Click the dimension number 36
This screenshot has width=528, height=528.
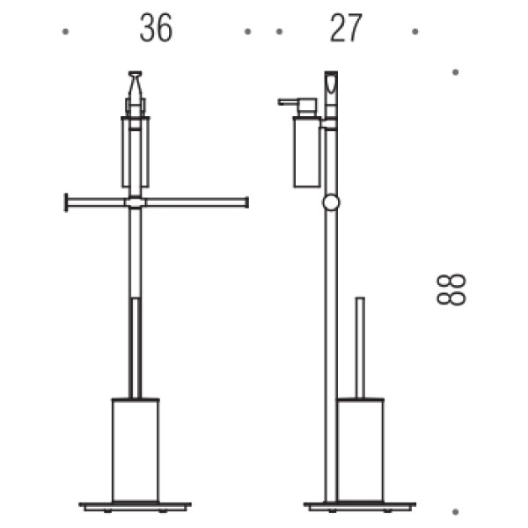(x=156, y=28)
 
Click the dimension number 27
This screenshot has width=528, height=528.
(x=346, y=28)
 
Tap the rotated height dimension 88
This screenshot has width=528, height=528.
(x=451, y=290)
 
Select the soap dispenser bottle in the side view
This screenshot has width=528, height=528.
(x=306, y=151)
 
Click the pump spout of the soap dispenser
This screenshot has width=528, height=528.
(x=288, y=101)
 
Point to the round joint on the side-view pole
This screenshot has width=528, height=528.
(x=331, y=202)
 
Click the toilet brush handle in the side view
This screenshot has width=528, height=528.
(x=360, y=348)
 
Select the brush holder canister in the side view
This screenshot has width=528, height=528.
(x=360, y=450)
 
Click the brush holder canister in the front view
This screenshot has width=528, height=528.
(x=136, y=450)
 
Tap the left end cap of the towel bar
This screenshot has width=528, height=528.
(x=66, y=202)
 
